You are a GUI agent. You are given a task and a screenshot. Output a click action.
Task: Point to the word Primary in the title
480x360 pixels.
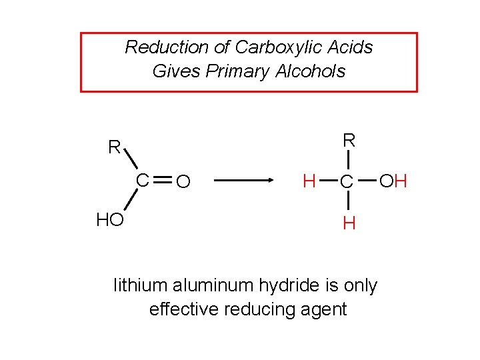(237, 71)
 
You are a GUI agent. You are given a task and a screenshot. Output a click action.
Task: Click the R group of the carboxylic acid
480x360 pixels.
(115, 147)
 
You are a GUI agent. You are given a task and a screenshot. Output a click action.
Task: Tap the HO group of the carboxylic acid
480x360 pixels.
(110, 220)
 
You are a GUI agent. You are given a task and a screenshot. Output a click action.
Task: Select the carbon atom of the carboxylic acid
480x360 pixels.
(143, 180)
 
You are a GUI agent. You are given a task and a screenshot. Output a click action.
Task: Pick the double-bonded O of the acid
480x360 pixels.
(185, 181)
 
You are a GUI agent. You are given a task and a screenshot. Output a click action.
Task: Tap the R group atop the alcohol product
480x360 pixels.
(349, 139)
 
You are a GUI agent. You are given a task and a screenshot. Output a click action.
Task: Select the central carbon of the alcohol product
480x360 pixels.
(346, 181)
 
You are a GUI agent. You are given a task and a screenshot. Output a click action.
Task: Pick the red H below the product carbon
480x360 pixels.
(348, 223)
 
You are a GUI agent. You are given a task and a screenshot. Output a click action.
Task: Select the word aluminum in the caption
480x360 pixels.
(211, 286)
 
